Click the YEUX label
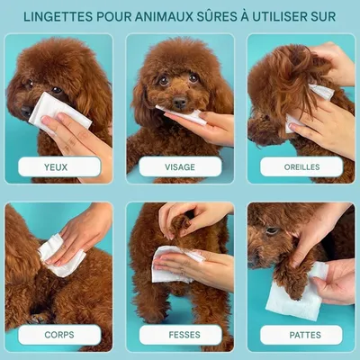(56, 167)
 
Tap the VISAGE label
(180, 167)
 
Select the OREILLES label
(301, 167)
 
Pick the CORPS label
(59, 335)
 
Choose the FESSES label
(184, 335)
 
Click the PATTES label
(305, 335)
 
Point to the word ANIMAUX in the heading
(164, 16)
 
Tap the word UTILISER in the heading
(280, 16)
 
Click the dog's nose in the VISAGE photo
(180, 103)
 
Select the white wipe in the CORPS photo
(61, 255)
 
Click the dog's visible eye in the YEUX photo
(57, 90)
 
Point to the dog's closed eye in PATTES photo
(272, 230)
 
